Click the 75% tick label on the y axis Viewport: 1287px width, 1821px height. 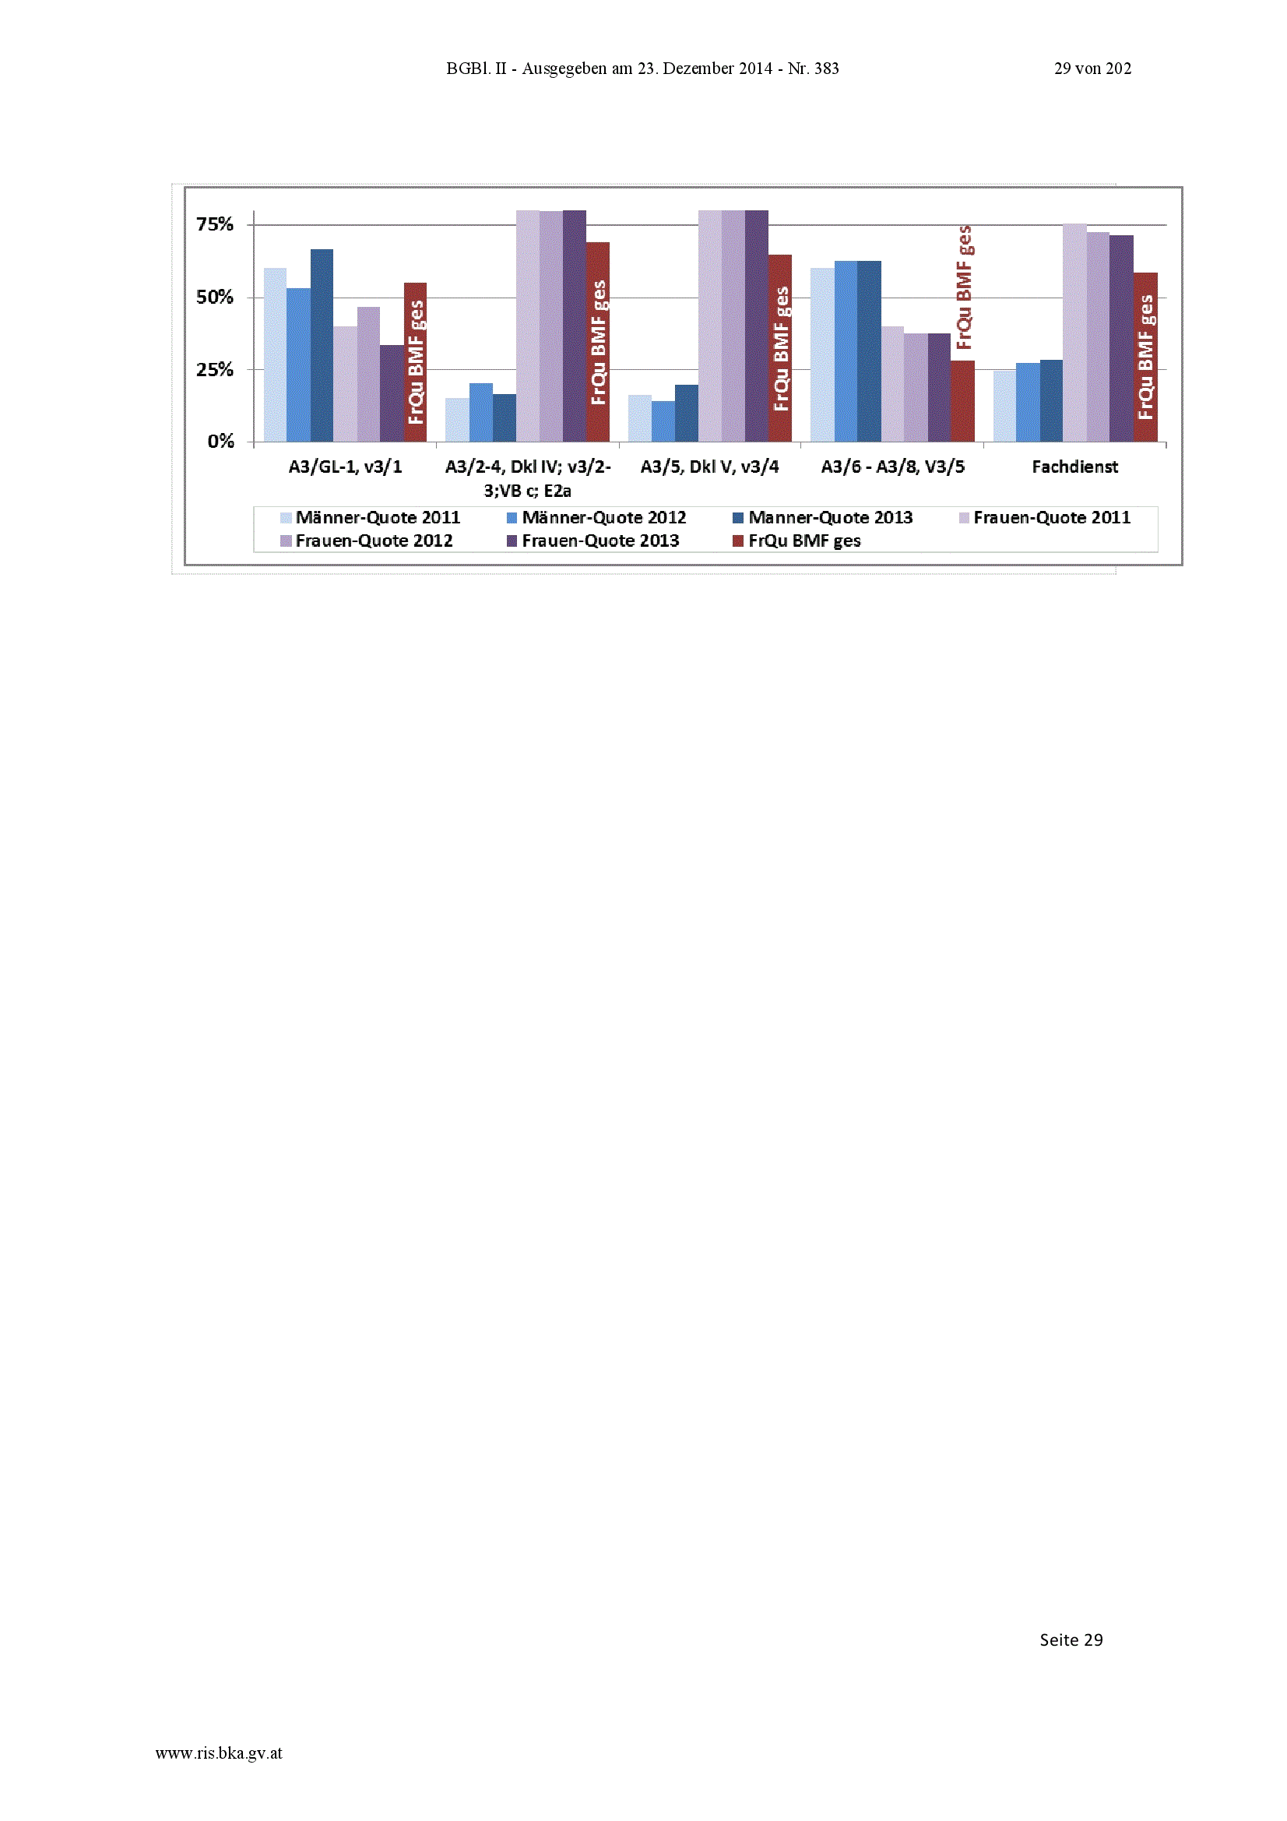pyautogui.click(x=215, y=224)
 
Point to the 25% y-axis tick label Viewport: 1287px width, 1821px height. pyautogui.click(x=215, y=370)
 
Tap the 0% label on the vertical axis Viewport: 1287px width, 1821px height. pyautogui.click(x=220, y=442)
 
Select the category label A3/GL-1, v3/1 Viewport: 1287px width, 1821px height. pyautogui.click(x=345, y=467)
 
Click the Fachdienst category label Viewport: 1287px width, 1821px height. pyautogui.click(x=1074, y=467)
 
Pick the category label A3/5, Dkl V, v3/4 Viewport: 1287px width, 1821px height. pyautogui.click(x=710, y=467)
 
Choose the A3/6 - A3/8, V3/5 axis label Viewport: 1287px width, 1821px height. pyautogui.click(x=893, y=467)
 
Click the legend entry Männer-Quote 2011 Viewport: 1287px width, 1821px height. pyautogui.click(x=371, y=518)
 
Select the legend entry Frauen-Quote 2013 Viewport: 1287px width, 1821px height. pyautogui.click(x=593, y=541)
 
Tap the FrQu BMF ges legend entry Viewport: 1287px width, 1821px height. pyautogui.click(x=797, y=541)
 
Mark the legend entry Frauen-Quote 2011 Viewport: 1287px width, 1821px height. pyautogui.click(x=1045, y=518)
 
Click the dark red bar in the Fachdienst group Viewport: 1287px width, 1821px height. pyautogui.click(x=1145, y=357)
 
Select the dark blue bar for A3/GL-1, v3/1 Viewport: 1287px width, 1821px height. pyautogui.click(x=321, y=346)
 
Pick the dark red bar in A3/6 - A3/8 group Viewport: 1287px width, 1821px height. pyautogui.click(x=962, y=401)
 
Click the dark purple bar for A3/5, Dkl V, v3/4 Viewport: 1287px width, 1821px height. pyautogui.click(x=757, y=326)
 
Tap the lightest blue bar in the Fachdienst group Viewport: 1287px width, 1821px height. pyautogui.click(x=1004, y=406)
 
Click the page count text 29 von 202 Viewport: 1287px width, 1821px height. pyautogui.click(x=1092, y=69)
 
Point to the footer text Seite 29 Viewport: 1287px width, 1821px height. pyautogui.click(x=1071, y=1640)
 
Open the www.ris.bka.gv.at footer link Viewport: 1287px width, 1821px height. pyautogui.click(x=219, y=1753)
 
